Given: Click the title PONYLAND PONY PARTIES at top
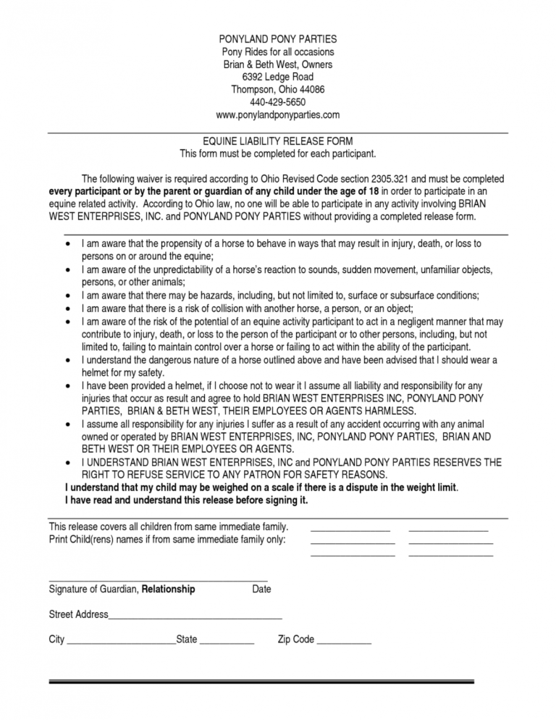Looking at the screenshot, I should tap(277, 38).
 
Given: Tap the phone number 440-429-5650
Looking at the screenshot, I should tap(277, 102).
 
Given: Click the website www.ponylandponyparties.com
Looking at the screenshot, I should tap(277, 115).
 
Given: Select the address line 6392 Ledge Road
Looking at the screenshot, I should tap(277, 77).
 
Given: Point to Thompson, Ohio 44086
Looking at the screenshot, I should tap(277, 90).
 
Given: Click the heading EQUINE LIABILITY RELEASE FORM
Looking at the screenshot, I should tap(277, 141).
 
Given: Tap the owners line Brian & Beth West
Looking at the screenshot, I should tap(277, 64).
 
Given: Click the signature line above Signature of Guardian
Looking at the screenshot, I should tap(158, 581).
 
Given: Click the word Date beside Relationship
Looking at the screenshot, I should tap(261, 590).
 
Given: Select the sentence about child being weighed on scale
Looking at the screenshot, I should tap(261, 487).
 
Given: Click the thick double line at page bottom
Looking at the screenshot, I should tap(261, 682).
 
